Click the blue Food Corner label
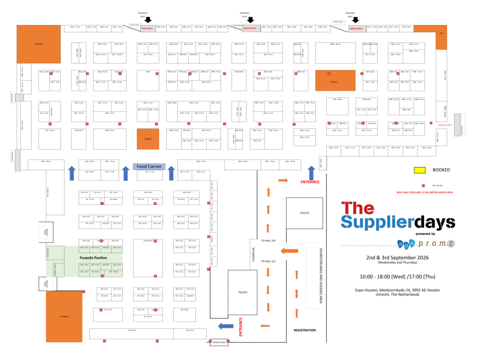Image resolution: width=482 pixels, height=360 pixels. coord(148,166)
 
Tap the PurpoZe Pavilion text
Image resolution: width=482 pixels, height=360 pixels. coord(93,258)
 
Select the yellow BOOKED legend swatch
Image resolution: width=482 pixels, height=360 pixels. coord(419,170)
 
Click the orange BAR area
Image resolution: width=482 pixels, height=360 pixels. coord(441,37)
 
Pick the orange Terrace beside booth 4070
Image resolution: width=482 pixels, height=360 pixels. coord(335,81)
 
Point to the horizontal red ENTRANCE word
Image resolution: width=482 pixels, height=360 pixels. coord(310,182)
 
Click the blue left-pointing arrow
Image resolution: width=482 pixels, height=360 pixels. coord(226,326)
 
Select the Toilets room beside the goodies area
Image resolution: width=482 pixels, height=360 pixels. coord(305,213)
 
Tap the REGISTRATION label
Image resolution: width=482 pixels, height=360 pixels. coord(305,330)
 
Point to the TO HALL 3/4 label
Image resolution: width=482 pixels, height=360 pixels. coord(268,240)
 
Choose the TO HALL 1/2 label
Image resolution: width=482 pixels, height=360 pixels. coord(268,261)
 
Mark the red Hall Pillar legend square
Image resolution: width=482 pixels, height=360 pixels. coord(423,185)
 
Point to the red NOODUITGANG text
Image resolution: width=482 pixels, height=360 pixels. coord(444,125)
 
